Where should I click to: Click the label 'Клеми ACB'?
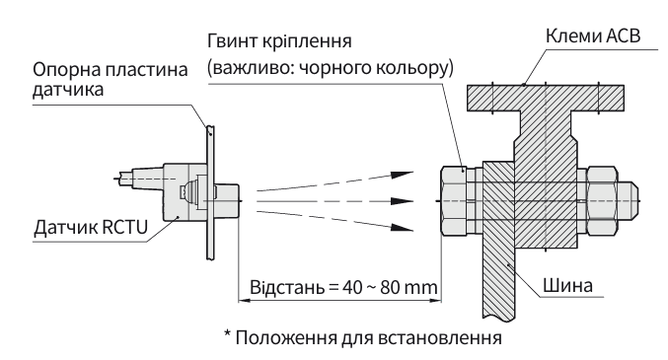tap(593, 36)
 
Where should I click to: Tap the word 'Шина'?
tap(567, 285)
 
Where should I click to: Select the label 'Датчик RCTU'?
tap(91, 227)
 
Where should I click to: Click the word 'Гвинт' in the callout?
tap(233, 41)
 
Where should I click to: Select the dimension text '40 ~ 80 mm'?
tap(390, 288)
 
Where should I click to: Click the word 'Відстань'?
tap(287, 288)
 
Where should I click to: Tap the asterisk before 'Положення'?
tap(228, 333)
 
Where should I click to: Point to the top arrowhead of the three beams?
tap(403, 174)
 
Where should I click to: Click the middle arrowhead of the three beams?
tap(403, 200)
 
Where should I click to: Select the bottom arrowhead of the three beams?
tap(403, 227)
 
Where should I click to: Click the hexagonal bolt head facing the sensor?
tap(453, 200)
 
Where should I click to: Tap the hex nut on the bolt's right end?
tap(602, 200)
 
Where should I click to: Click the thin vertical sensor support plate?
tap(210, 192)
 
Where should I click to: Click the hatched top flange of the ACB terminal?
tap(546, 98)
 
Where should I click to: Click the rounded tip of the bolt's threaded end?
tap(632, 200)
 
